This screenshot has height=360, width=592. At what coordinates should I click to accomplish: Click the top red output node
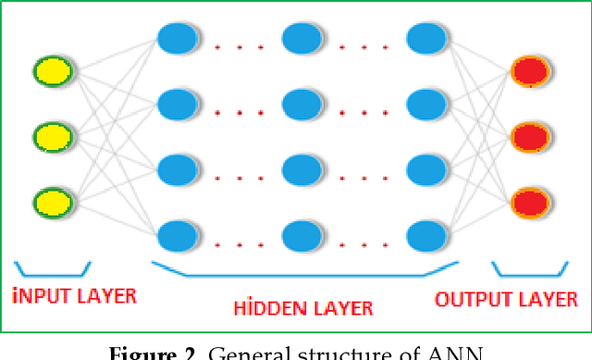coord(529,70)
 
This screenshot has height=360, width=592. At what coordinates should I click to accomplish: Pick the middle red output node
coord(529,135)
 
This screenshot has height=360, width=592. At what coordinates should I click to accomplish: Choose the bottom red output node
coord(529,200)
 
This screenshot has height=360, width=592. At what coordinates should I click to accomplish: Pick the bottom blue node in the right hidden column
coord(426,235)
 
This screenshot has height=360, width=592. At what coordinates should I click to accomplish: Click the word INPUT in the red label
coord(42,298)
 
